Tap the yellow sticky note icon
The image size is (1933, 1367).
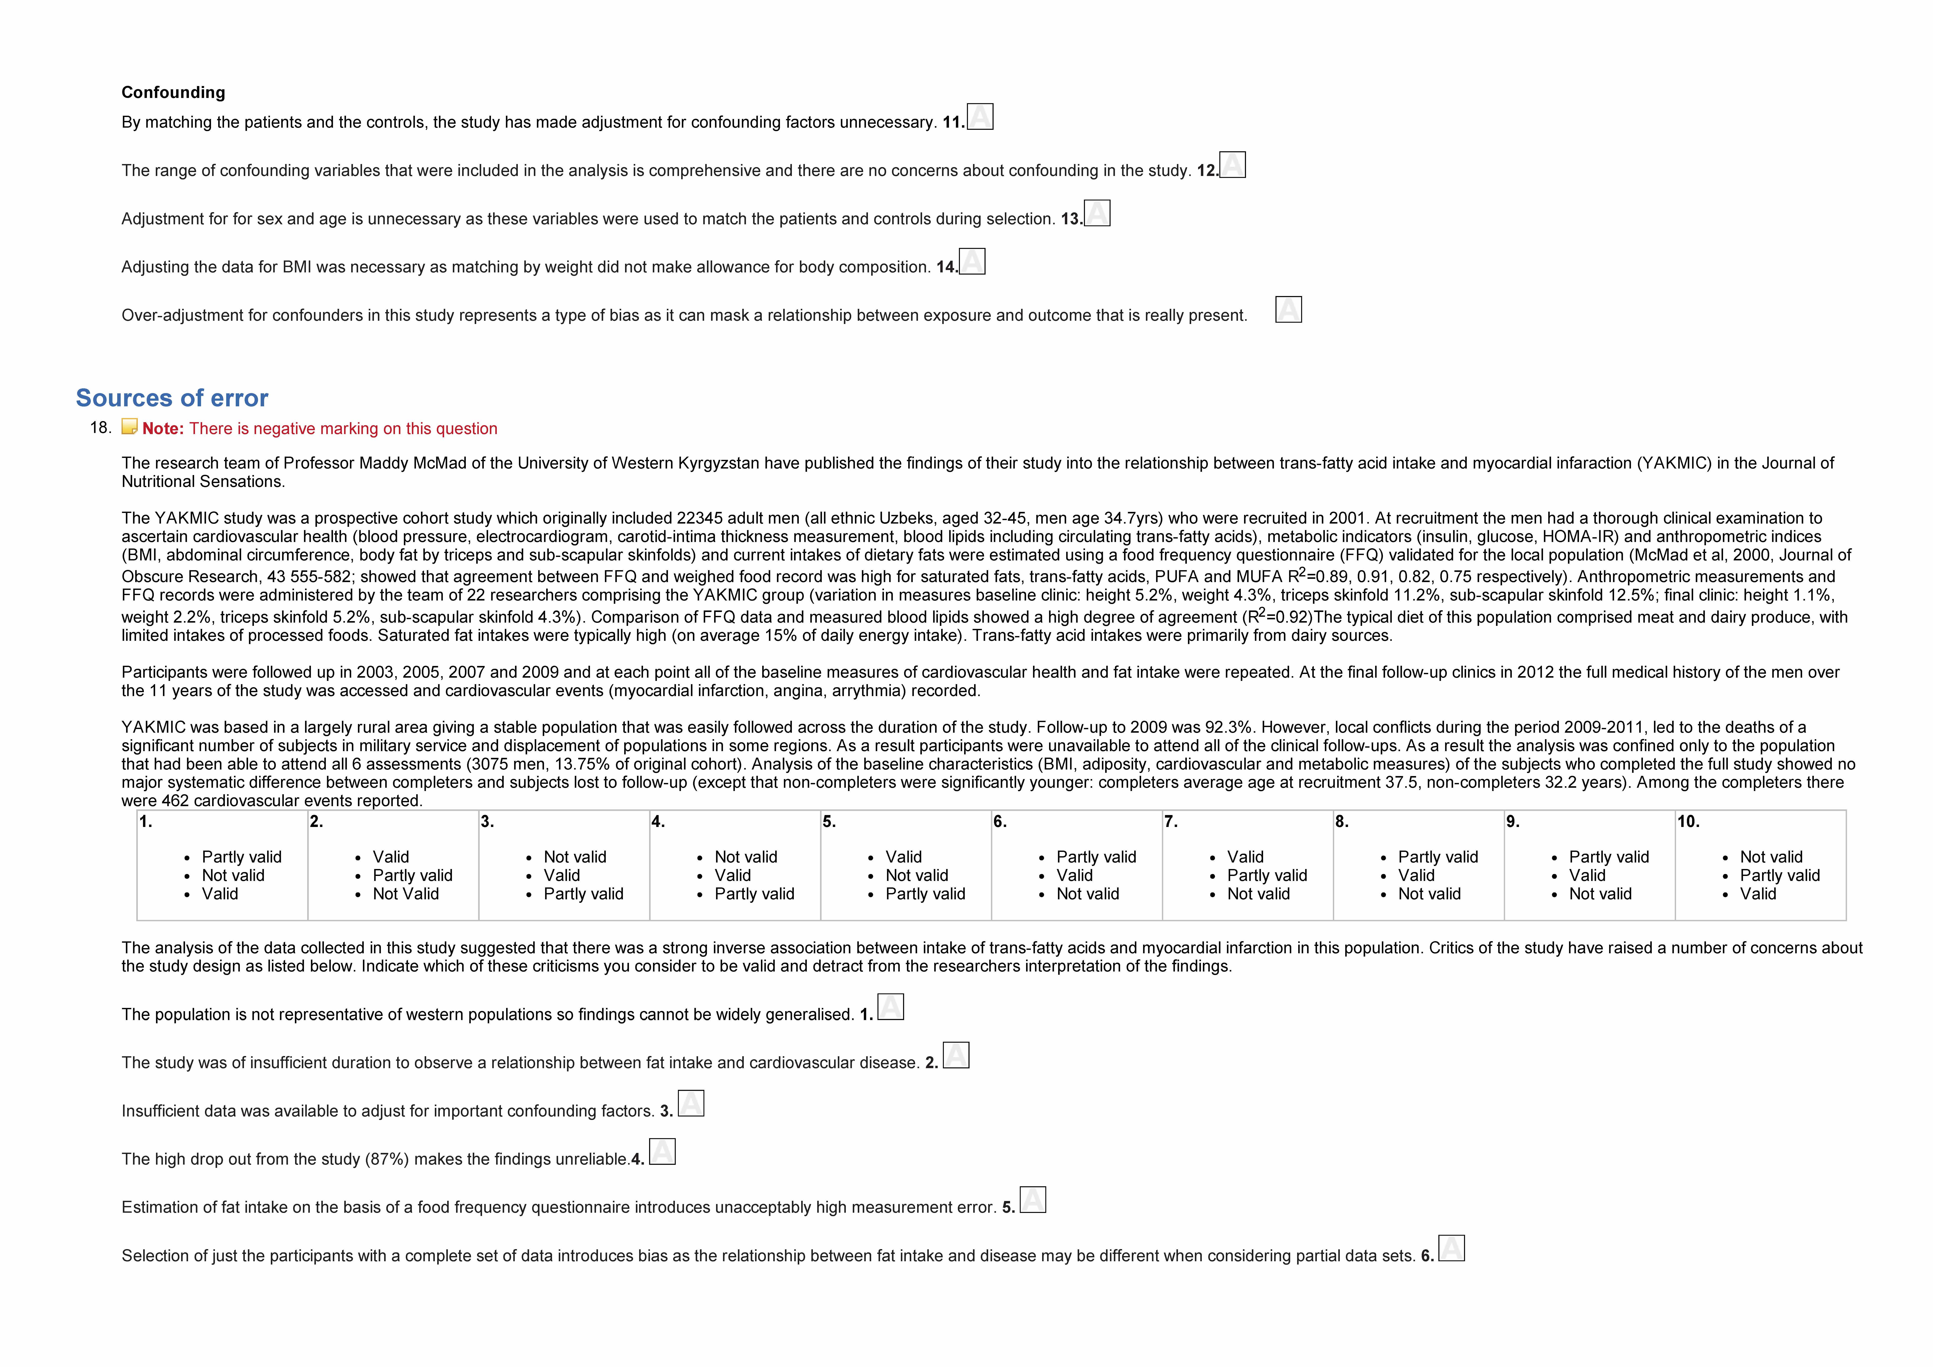[x=129, y=427]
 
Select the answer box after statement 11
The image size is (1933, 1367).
[x=980, y=116]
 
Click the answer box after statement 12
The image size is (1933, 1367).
[x=1233, y=165]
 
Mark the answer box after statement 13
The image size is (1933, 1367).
[x=1097, y=213]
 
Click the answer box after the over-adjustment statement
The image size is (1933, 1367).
[x=1288, y=310]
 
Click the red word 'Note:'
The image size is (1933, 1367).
[x=162, y=429]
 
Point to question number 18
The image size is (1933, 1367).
[x=100, y=428]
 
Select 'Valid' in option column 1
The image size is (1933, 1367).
[x=220, y=894]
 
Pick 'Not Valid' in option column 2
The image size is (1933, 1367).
[x=406, y=894]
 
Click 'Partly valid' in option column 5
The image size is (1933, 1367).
[x=925, y=894]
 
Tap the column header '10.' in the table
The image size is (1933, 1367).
[x=1688, y=821]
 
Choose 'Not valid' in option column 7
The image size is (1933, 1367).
[x=1258, y=894]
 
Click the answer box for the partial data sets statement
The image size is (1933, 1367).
[x=1451, y=1248]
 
